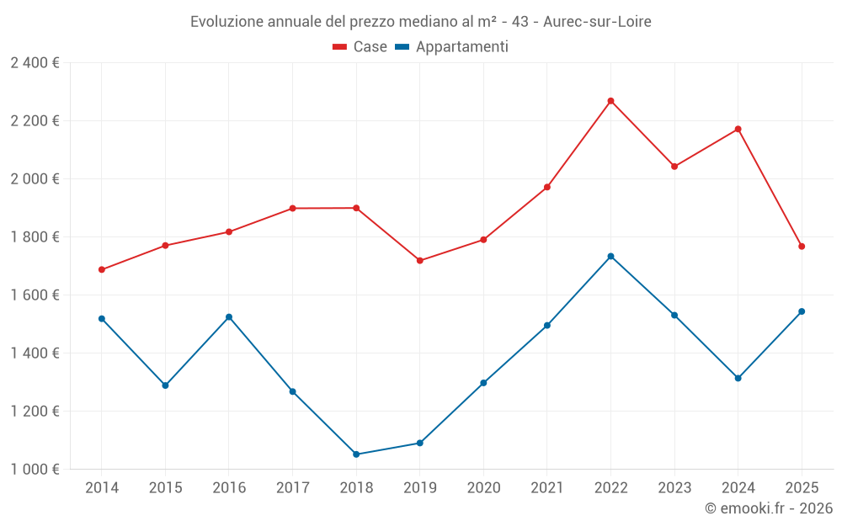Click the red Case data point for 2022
(x=611, y=101)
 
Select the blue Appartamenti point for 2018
(x=356, y=454)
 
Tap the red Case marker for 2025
(x=802, y=247)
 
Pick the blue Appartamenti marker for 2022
(x=611, y=257)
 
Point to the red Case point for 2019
(x=420, y=261)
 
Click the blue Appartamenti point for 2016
(x=229, y=317)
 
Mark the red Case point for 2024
(x=738, y=129)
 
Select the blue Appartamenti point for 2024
(x=738, y=378)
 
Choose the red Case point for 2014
(x=102, y=270)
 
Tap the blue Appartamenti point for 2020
(x=483, y=383)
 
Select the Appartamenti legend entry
(x=452, y=47)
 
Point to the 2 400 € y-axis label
(x=35, y=63)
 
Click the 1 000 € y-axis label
(x=35, y=470)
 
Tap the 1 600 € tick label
(x=35, y=295)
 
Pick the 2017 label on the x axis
(x=292, y=488)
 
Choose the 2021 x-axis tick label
(x=547, y=488)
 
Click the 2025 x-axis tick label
(x=802, y=488)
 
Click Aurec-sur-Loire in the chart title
(x=597, y=21)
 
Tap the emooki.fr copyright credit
(x=768, y=508)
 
